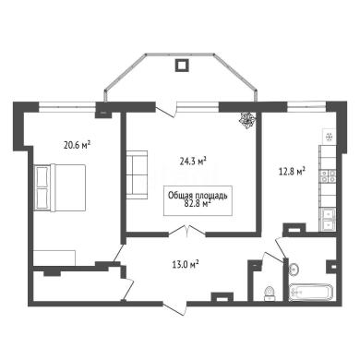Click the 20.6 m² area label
click(x=77, y=145)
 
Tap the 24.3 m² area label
click(x=193, y=161)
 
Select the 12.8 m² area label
click(x=292, y=172)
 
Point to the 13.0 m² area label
click(x=185, y=264)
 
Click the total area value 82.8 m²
click(x=198, y=203)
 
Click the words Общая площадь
click(x=198, y=195)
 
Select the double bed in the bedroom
click(x=59, y=187)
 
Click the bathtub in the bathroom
click(x=311, y=292)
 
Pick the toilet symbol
click(x=270, y=293)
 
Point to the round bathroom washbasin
click(x=294, y=270)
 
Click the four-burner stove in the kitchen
click(x=329, y=176)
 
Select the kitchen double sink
click(x=328, y=219)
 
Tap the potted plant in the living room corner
click(x=247, y=119)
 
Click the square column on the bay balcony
click(x=182, y=66)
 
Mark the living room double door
click(x=187, y=231)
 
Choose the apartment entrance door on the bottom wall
click(x=174, y=308)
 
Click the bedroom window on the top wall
click(x=67, y=106)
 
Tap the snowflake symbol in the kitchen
click(x=329, y=137)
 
